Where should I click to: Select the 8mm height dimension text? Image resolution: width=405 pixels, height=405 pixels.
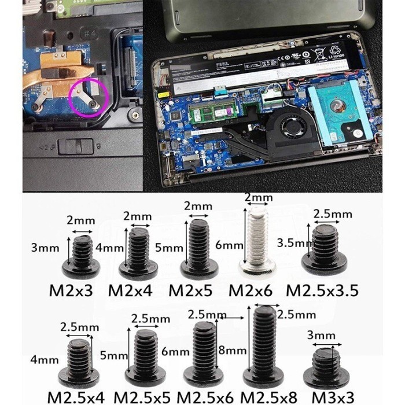click(x=234, y=351)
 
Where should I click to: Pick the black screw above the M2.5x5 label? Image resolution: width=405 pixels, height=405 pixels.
click(x=144, y=352)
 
